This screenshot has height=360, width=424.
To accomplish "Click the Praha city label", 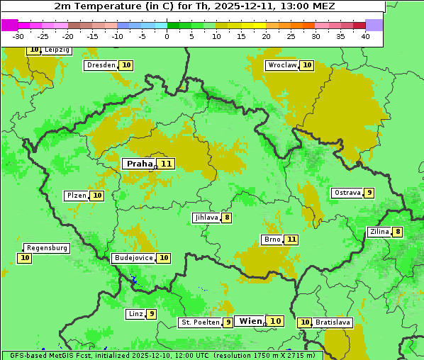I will (140, 164).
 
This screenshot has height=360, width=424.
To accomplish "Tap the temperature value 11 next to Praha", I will (167, 164).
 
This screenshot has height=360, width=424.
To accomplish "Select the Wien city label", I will (250, 321).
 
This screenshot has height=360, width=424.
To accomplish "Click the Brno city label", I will (272, 240).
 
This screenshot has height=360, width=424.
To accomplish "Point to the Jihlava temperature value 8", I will (226, 218).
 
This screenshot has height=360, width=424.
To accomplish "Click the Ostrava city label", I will (347, 193).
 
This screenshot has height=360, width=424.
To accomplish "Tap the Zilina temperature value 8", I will (398, 232).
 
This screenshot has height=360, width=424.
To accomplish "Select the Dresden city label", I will (101, 65).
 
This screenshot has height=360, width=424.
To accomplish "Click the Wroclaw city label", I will (282, 65).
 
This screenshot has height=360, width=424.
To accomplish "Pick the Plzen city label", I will (76, 196).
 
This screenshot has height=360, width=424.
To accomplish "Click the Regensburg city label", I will (47, 248).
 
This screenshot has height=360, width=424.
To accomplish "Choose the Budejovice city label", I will (133, 258).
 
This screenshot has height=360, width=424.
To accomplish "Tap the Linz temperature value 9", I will (151, 314).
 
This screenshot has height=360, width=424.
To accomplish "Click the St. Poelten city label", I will (200, 322).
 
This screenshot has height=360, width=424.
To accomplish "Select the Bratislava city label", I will (333, 322).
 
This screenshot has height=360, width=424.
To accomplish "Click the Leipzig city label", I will (57, 50).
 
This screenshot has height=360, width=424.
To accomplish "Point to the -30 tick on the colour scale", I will (18, 36).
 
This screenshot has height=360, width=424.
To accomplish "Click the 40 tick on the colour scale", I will (365, 36).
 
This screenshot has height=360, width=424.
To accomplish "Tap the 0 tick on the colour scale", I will (167, 36).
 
